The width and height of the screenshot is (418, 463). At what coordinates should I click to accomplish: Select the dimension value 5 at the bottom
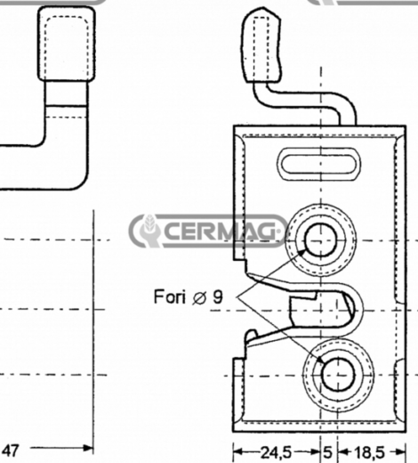[327, 451]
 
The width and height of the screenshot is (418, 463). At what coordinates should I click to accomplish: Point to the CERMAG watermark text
[222, 231]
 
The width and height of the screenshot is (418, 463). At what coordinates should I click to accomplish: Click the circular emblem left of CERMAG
[146, 231]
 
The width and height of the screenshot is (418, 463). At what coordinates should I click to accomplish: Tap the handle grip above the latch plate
[265, 45]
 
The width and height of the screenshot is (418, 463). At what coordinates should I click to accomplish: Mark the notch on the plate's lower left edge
[238, 365]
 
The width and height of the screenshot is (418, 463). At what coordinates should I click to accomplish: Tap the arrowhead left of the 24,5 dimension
[237, 451]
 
